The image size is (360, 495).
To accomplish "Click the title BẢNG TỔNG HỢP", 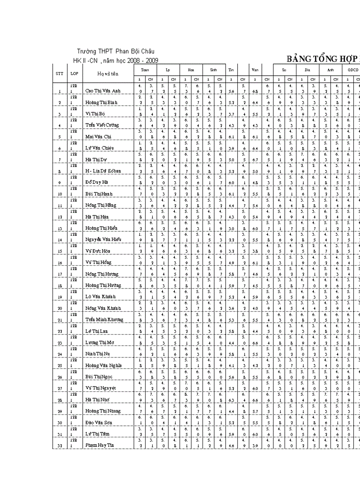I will pos(322,60).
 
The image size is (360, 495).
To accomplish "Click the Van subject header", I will pos(255,70).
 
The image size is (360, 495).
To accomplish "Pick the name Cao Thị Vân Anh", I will pos(103,91).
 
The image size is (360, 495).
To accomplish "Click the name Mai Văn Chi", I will pos(98,137).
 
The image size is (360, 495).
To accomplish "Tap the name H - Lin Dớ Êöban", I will pos(103,171).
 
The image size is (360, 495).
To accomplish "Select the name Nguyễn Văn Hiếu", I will pos(103,239).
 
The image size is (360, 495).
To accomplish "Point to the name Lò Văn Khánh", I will pos(101,297).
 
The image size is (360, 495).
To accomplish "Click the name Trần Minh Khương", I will pos(104,320).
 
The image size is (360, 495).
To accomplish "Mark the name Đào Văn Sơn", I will pos(99,423).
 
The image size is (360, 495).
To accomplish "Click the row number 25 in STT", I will pos(59,365).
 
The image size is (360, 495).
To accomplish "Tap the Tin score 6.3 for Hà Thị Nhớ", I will pos(231,400).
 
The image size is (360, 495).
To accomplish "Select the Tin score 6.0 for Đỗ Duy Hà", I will pos(231,182).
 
